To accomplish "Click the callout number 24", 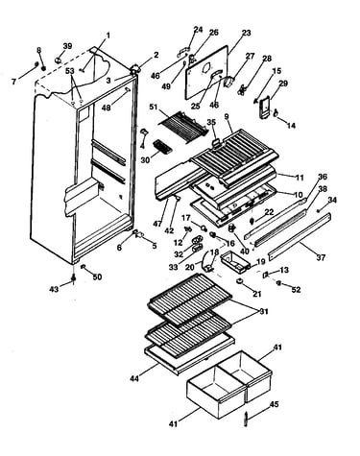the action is (x=198, y=30).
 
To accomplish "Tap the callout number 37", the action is (x=321, y=257).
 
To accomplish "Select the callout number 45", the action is (x=274, y=404).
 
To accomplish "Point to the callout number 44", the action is (x=134, y=378).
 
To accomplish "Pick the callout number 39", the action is (x=67, y=46).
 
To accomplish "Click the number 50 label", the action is (x=97, y=276).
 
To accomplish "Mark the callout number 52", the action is (x=297, y=290).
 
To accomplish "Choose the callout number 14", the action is (x=291, y=126).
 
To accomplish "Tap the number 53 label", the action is (x=70, y=70).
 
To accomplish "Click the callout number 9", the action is (x=227, y=116).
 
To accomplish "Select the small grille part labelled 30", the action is (x=161, y=147).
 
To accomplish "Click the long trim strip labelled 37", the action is (x=300, y=235).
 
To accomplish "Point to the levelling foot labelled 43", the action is (x=74, y=279).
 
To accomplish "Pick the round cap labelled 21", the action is (x=239, y=281).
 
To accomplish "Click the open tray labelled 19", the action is (x=235, y=261).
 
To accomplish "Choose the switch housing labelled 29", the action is (x=265, y=108).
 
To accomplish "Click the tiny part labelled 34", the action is (x=319, y=210).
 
